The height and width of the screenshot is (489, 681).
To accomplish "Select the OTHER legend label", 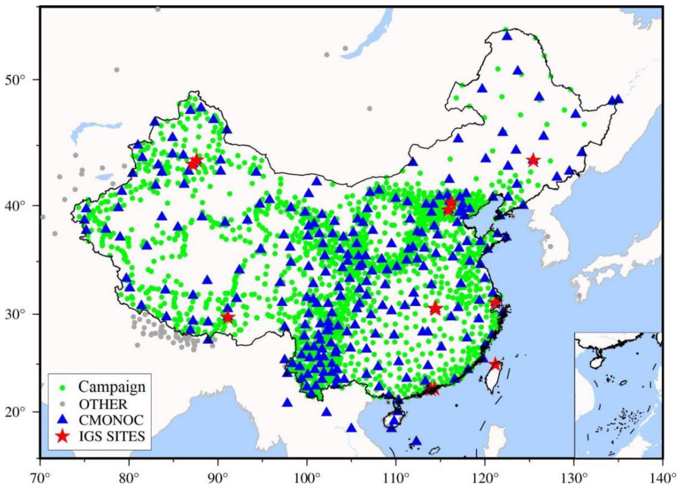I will click(103, 404).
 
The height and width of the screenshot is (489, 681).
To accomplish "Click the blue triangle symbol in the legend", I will click(63, 420).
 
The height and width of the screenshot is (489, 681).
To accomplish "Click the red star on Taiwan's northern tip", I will click(495, 364).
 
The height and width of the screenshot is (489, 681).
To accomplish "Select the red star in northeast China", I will click(534, 161).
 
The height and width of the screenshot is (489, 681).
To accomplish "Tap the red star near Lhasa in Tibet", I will click(228, 317).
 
